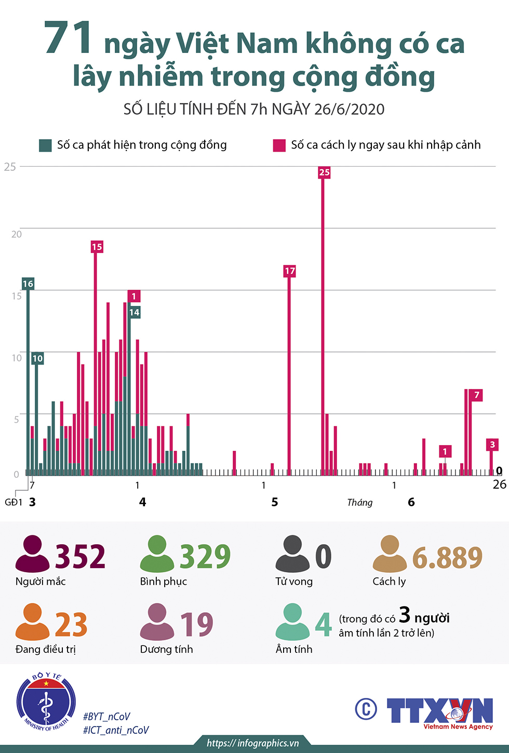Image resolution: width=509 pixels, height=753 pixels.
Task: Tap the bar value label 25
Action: [324, 172]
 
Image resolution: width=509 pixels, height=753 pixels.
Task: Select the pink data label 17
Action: [289, 271]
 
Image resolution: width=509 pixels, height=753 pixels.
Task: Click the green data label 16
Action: [28, 284]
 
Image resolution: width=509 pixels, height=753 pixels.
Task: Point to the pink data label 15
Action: [97, 247]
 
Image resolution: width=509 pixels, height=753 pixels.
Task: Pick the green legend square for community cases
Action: [45, 145]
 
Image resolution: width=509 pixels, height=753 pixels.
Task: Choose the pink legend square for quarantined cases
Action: [279, 145]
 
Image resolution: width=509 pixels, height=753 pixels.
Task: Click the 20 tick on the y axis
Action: [17, 234]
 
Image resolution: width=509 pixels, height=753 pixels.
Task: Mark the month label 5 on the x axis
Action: [275, 502]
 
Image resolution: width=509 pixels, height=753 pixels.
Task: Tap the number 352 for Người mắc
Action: [81, 556]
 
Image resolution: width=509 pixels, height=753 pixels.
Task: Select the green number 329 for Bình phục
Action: [205, 556]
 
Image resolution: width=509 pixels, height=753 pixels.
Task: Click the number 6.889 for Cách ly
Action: [447, 557]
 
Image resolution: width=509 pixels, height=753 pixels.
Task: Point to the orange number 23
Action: [71, 625]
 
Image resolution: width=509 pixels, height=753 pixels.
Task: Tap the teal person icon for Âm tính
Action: [292, 622]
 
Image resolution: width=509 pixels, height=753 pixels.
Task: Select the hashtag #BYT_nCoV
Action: [106, 717]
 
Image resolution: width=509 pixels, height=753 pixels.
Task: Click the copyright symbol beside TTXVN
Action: [366, 709]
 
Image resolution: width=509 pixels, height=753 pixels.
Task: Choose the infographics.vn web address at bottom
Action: [253, 743]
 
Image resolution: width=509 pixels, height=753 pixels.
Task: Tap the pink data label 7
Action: [476, 395]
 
